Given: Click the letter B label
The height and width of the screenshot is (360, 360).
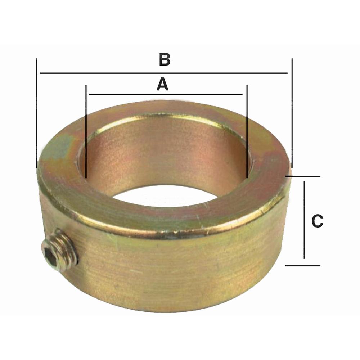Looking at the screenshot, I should click(165, 60).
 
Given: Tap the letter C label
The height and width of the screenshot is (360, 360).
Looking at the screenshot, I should click(317, 221).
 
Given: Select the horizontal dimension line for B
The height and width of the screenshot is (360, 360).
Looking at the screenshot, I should click(164, 73).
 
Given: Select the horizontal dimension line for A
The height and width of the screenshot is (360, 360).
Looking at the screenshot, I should click(166, 94).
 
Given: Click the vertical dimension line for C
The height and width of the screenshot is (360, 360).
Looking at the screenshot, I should click(305, 220).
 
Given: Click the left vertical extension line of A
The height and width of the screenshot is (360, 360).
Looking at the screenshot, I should click(86, 131).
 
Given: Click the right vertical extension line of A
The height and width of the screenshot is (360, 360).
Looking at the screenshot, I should click(247, 131).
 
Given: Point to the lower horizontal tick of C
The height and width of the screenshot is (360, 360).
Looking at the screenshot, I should click(302, 266).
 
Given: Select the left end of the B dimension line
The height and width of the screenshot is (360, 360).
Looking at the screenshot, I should click(41, 73).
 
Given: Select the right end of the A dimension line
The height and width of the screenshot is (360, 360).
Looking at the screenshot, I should click(242, 94).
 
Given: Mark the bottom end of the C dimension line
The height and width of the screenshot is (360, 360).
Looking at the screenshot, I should click(305, 258).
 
